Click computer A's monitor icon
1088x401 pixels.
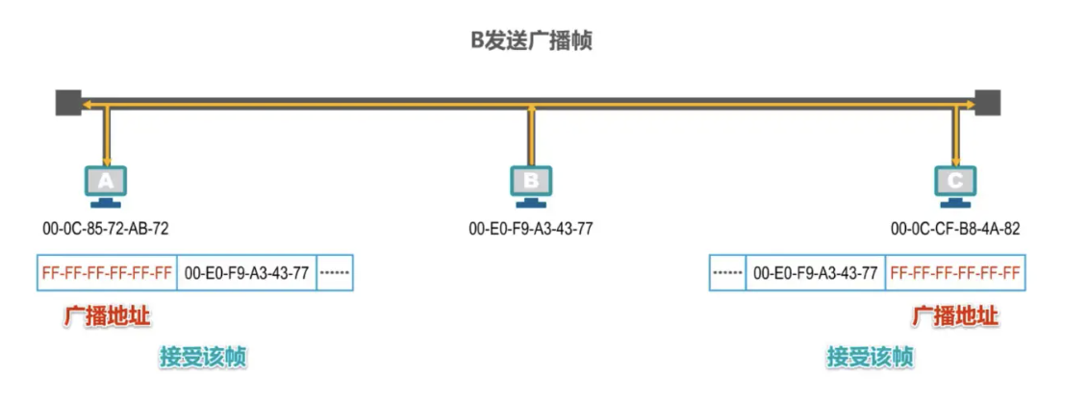click(x=106, y=183)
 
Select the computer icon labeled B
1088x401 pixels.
click(x=531, y=183)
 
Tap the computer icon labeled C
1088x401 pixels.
click(x=955, y=183)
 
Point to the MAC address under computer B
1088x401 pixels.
click(x=531, y=229)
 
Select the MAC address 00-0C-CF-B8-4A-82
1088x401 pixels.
click(x=955, y=229)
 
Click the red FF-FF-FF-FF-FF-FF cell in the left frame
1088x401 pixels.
click(x=107, y=273)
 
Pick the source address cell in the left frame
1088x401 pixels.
click(x=246, y=273)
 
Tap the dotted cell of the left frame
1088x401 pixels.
click(x=335, y=273)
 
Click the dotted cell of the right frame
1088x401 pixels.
click(x=727, y=273)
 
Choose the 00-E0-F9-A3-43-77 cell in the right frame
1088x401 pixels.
click(x=815, y=273)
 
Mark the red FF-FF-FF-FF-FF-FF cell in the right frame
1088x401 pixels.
click(x=955, y=273)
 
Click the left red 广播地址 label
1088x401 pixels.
click(x=107, y=316)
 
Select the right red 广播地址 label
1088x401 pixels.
click(x=955, y=316)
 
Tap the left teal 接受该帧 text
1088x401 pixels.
click(x=203, y=357)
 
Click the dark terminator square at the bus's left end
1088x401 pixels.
click(x=67, y=101)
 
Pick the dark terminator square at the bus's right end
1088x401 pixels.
click(x=988, y=101)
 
